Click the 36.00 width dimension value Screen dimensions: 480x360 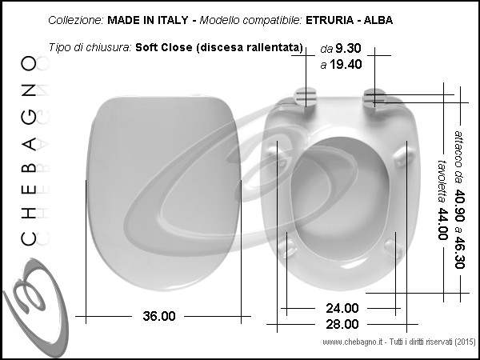(159, 316)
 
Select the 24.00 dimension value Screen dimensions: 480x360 (342, 308)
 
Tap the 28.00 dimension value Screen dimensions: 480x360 (342, 324)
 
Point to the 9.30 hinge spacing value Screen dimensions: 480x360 (348, 48)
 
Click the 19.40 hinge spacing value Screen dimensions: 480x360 (346, 64)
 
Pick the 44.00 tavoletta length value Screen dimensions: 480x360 (442, 224)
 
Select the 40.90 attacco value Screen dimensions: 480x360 (459, 206)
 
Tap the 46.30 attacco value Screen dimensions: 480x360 (459, 252)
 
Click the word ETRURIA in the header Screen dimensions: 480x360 (330, 20)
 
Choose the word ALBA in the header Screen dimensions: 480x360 (378, 20)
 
